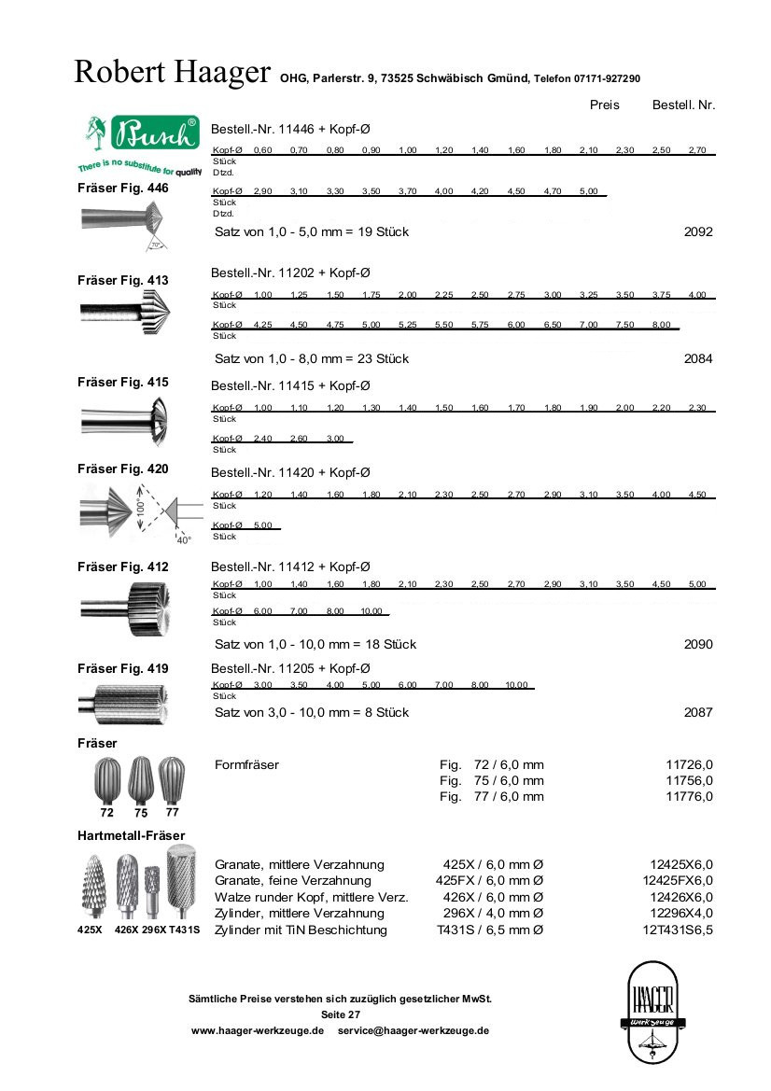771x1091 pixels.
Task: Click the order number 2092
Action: tap(698, 231)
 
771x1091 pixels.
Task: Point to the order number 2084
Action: tap(698, 358)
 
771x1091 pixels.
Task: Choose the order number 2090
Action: tap(698, 644)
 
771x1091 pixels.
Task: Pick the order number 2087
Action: tap(698, 712)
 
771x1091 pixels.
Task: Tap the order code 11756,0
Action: tap(690, 780)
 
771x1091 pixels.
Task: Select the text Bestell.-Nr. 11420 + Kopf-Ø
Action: tap(290, 472)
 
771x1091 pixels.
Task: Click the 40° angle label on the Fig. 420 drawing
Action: tap(183, 539)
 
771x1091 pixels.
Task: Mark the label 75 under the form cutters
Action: tap(141, 813)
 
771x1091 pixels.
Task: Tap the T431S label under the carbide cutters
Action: tap(184, 930)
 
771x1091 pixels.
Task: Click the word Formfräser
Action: tap(246, 764)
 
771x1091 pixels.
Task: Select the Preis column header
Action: tap(604, 105)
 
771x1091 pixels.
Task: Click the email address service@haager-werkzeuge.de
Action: tap(414, 1030)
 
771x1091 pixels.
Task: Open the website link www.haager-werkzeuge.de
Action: tap(257, 1030)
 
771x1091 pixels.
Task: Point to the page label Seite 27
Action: tap(340, 1014)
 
